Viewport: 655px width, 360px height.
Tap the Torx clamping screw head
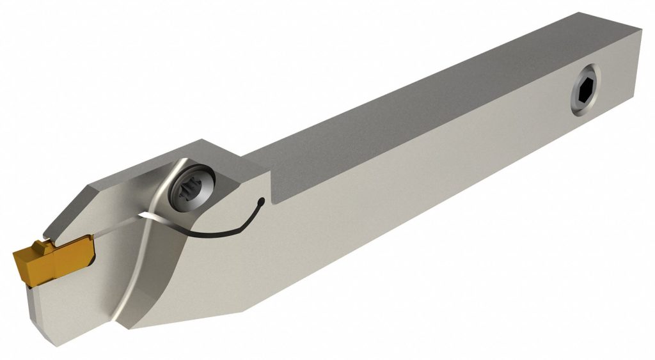(x=192, y=192)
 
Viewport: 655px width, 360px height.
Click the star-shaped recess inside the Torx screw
(x=193, y=192)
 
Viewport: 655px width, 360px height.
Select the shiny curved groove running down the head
(x=128, y=275)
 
